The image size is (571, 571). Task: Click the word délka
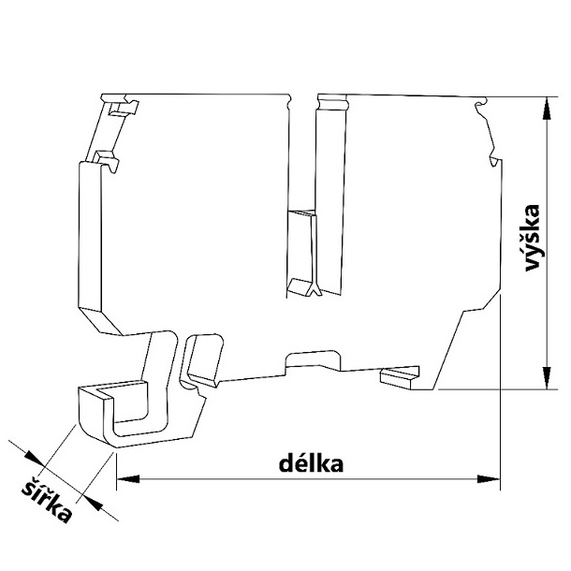[311, 463]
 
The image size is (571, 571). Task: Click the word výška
[532, 238]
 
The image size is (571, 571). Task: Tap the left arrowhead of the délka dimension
[128, 478]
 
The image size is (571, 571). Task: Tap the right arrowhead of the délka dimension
[489, 479]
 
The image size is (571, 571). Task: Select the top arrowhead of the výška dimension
[547, 109]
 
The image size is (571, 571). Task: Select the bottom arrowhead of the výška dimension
[547, 377]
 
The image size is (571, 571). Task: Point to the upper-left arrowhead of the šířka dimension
[34, 458]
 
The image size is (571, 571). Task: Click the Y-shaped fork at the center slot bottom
[315, 290]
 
